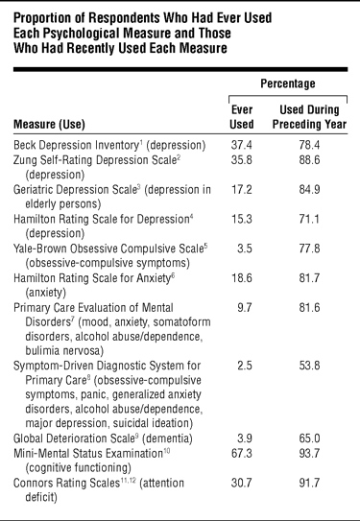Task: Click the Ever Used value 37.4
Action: (242, 145)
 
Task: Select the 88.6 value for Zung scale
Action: (309, 160)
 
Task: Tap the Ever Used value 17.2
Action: (242, 189)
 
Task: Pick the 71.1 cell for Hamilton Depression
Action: (309, 219)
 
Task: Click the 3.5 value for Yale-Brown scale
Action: (245, 249)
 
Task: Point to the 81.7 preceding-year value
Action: (309, 278)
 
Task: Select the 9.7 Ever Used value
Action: (245, 307)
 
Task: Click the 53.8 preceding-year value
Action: (309, 366)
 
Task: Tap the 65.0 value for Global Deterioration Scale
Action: (309, 438)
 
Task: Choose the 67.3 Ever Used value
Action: (242, 453)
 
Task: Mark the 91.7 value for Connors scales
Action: (309, 483)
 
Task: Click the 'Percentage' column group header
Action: (288, 83)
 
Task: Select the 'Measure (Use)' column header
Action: (49, 125)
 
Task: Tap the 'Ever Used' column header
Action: (242, 117)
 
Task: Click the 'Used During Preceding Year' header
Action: (309, 117)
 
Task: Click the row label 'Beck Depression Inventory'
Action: (76, 145)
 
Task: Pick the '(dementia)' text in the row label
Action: (167, 438)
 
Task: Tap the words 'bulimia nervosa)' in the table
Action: (64, 351)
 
